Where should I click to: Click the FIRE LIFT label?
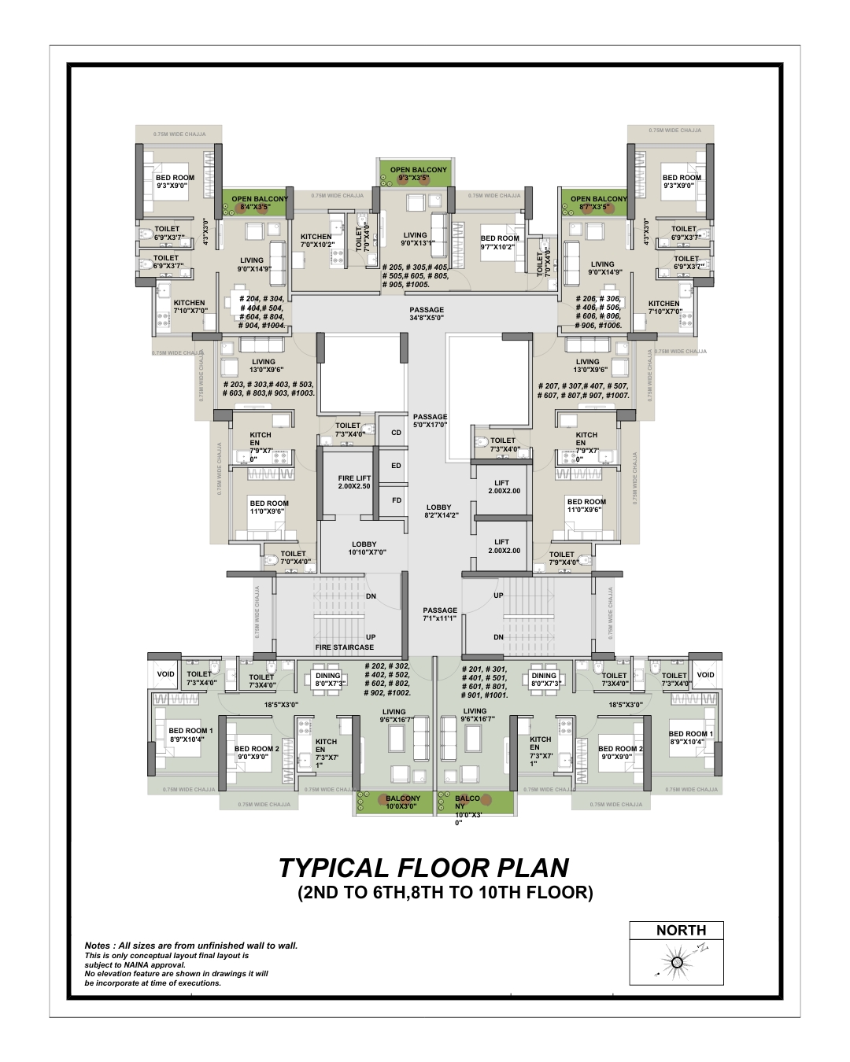click(354, 482)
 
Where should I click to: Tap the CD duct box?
click(397, 433)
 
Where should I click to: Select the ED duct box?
click(397, 466)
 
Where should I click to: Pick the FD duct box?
click(397, 500)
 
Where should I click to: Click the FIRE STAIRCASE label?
click(345, 647)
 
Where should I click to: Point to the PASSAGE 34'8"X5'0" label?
click(427, 314)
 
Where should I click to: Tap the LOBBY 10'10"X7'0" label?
click(364, 548)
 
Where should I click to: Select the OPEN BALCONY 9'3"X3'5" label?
click(418, 174)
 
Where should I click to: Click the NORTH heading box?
click(681, 931)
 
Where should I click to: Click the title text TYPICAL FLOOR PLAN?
click(423, 868)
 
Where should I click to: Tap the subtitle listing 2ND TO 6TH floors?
click(445, 894)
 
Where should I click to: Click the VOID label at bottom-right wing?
click(706, 675)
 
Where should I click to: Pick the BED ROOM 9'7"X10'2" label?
click(500, 242)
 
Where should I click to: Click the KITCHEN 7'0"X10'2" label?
click(316, 240)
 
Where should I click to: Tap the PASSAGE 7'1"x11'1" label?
click(439, 614)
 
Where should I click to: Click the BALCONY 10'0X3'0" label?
click(403, 802)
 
